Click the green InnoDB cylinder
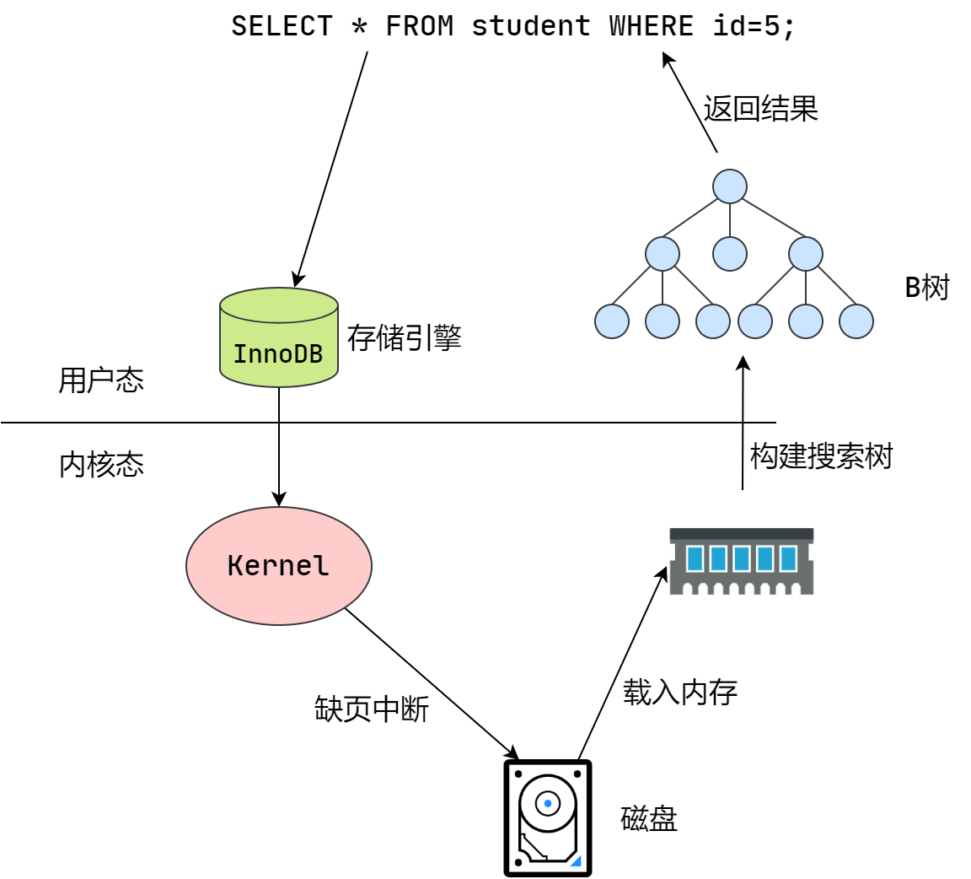[278, 338]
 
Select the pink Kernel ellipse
[278, 566]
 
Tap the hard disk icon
[548, 818]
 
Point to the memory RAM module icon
[741, 561]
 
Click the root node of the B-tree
[730, 186]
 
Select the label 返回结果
[760, 109]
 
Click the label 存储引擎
[404, 337]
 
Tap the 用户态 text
[101, 380]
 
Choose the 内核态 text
[101, 465]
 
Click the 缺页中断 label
[372, 709]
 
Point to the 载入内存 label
[680, 692]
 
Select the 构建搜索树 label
[821, 456]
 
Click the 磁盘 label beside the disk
[649, 819]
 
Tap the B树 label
[927, 288]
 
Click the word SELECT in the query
[282, 26]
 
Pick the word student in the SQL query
[531, 26]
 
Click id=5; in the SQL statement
[754, 26]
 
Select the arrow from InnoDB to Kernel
[279, 447]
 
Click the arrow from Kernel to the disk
[432, 683]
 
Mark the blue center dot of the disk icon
[548, 803]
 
